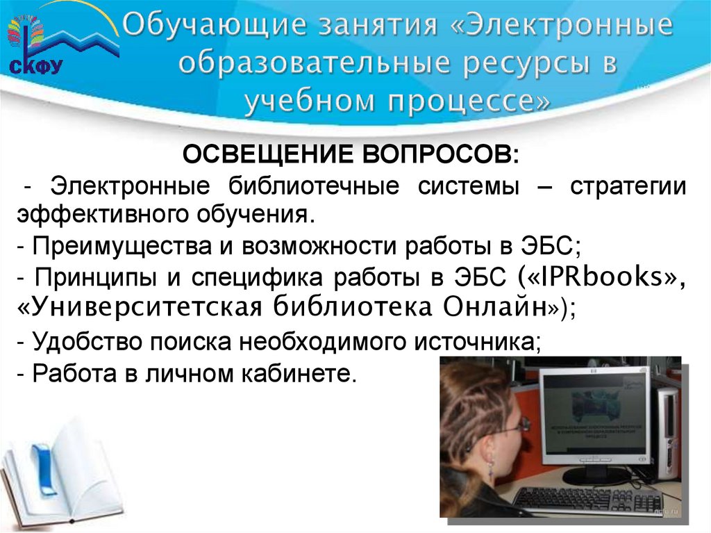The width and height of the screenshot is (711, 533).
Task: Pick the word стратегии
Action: pos(628,186)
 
